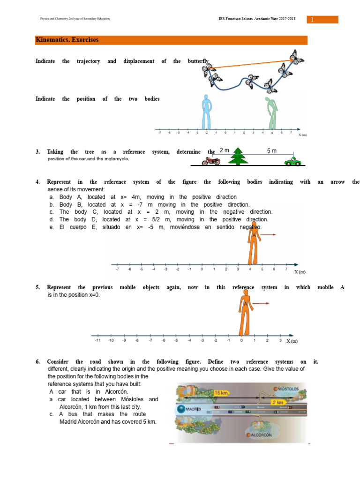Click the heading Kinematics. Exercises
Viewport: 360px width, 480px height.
[67, 40]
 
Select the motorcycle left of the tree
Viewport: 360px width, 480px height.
[210, 161]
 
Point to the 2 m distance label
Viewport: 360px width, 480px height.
[225, 150]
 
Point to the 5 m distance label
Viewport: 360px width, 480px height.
[272, 150]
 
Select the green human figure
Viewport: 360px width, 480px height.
[270, 112]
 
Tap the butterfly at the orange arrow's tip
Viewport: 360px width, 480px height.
[296, 57]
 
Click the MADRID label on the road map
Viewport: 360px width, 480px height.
[192, 409]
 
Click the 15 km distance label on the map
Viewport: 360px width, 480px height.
[221, 392]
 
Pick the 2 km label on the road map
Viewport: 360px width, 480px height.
[278, 402]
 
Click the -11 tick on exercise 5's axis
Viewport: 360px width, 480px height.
[97, 340]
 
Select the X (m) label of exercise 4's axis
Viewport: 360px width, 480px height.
[300, 272]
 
